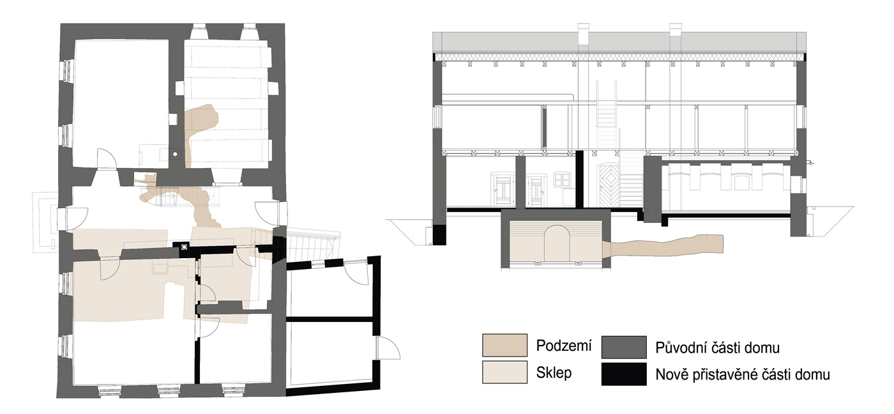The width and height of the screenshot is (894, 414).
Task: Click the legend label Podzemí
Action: coord(563,346)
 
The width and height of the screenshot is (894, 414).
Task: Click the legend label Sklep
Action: coord(554,373)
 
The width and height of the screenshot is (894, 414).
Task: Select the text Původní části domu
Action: coord(717,348)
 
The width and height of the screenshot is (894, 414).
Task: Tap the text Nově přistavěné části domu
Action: coord(743,374)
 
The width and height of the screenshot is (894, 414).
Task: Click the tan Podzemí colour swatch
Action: coord(505,346)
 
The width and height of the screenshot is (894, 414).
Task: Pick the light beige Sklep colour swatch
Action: coord(505,372)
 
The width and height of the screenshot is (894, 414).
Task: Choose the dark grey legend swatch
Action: coord(624,348)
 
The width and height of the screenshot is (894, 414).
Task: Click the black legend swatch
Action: coord(624,374)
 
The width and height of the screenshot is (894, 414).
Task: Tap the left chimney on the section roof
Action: coord(584,33)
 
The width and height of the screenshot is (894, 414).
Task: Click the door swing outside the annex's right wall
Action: coord(388,348)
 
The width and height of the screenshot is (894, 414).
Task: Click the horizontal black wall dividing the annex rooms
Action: coord(330,319)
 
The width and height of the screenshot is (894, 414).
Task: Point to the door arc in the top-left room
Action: coord(107,158)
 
